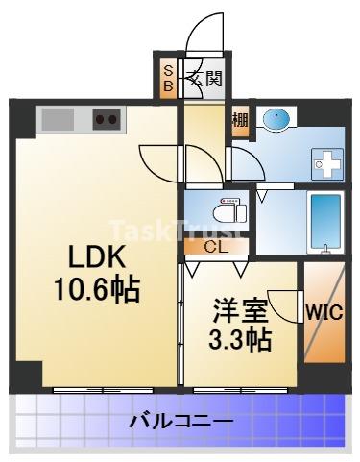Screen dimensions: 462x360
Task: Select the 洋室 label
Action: (238, 311)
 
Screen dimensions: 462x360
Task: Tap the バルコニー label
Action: (180, 421)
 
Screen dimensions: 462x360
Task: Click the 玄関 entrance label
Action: (204, 78)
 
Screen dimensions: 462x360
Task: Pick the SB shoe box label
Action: (168, 78)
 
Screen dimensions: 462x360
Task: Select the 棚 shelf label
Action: (239, 121)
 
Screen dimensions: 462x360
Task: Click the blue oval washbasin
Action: (276, 119)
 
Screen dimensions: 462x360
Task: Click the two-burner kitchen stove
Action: (107, 120)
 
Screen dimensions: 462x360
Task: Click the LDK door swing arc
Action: (159, 159)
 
